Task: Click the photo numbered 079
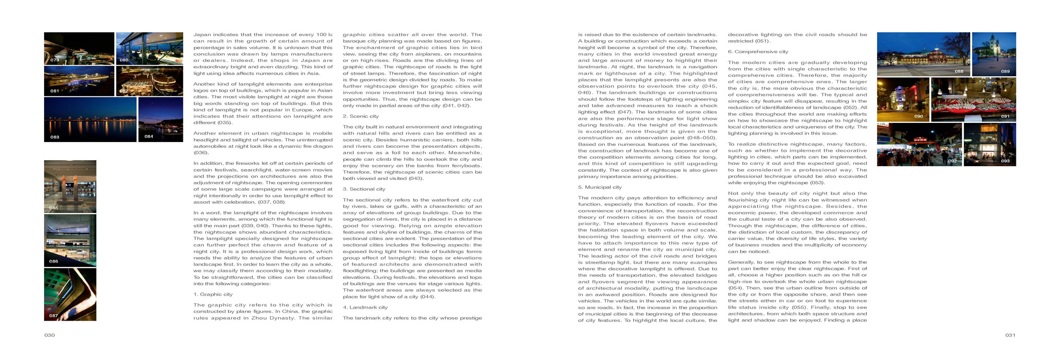click(x=79, y=48)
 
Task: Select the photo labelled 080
click(x=149, y=48)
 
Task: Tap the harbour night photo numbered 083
click(x=90, y=120)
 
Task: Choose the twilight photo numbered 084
click(x=160, y=120)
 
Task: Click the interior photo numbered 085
click(x=70, y=186)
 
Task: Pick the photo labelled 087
click(x=70, y=294)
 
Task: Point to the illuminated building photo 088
click(x=923, y=54)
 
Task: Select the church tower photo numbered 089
click(x=994, y=54)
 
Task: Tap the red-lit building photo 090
click(x=903, y=100)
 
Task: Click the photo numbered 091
click(x=973, y=100)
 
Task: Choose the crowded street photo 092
click(x=919, y=144)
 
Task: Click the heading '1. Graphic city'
click(x=213, y=294)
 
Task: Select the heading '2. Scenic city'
click(x=360, y=116)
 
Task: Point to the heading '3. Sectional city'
click(x=364, y=189)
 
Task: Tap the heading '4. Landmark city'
click(x=365, y=307)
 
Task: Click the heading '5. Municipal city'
click(x=600, y=187)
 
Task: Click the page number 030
click(x=49, y=335)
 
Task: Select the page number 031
click(x=1010, y=335)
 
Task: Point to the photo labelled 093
click(x=990, y=144)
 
